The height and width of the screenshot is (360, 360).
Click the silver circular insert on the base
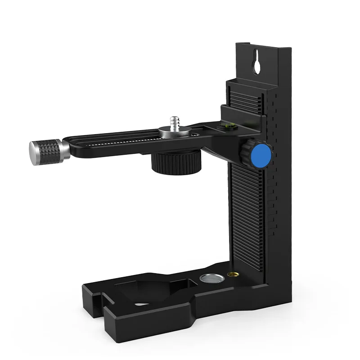[210, 278]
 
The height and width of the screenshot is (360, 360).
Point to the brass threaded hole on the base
[233, 274]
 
